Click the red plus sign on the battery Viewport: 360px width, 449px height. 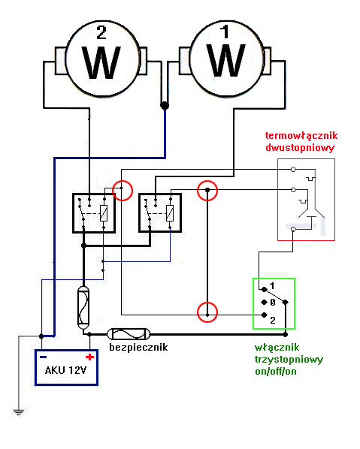(x=89, y=356)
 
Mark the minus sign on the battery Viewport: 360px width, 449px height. (x=44, y=356)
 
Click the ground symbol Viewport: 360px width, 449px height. (x=17, y=411)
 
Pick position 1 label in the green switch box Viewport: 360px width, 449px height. (x=273, y=285)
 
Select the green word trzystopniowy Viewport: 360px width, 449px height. (x=289, y=360)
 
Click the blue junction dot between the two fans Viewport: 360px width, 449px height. (x=165, y=106)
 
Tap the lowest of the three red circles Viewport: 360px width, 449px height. (x=207, y=311)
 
